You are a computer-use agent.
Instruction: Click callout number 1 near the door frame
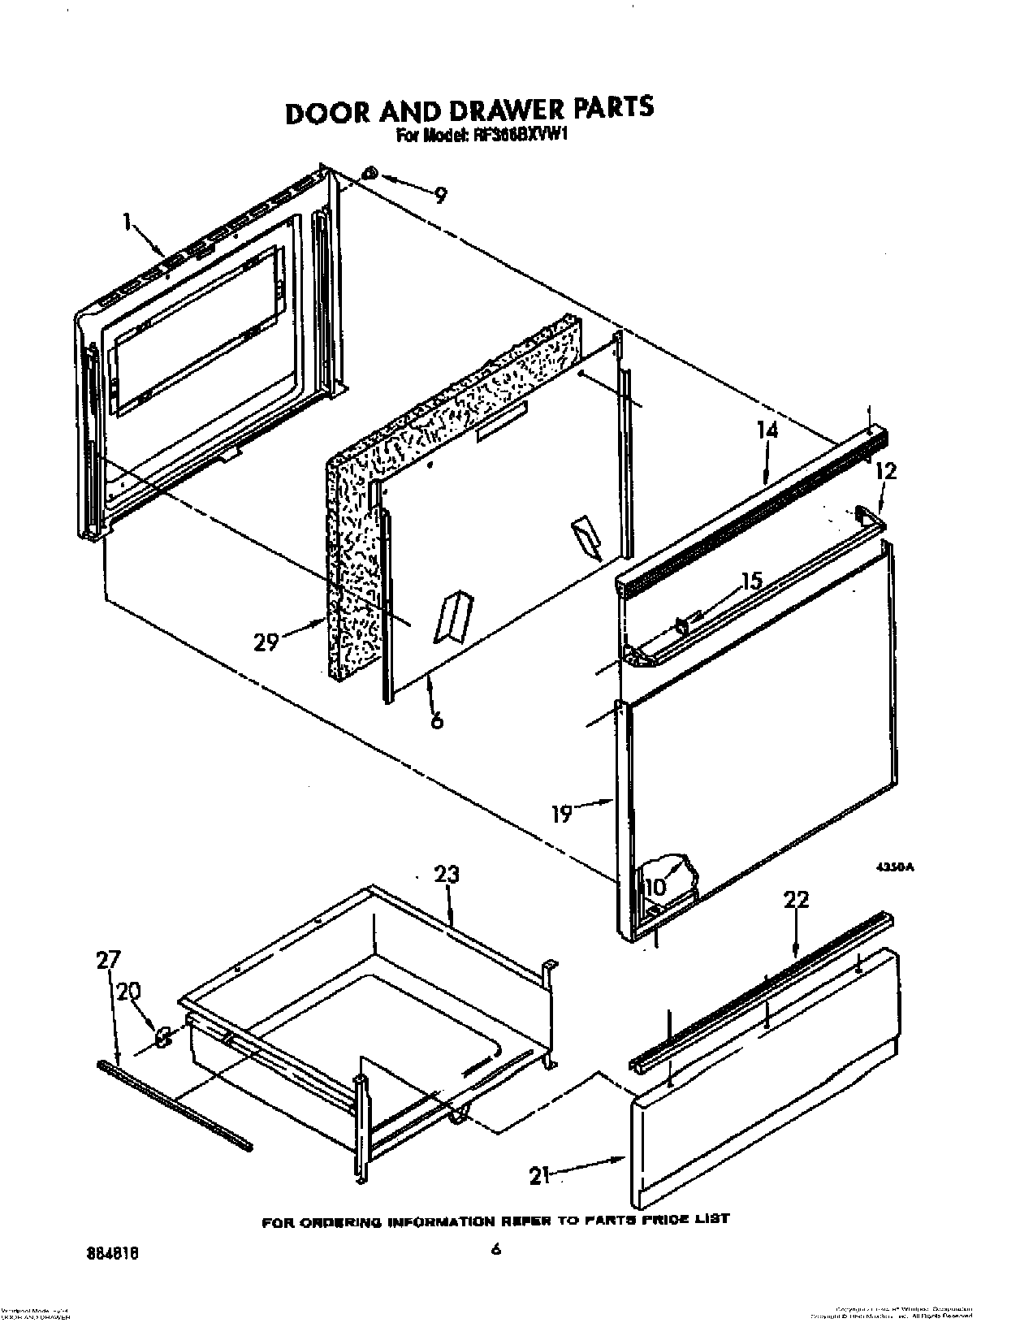point(128,222)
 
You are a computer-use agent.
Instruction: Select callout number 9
point(439,195)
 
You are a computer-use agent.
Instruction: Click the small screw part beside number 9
point(370,173)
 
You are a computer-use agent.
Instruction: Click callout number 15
point(751,581)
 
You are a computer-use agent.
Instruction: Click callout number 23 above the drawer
point(446,875)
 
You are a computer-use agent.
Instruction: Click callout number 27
point(108,961)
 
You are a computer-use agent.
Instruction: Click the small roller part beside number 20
point(162,1037)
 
